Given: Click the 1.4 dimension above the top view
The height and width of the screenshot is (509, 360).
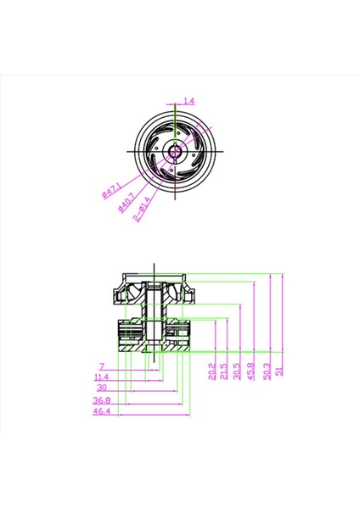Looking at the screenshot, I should tap(188, 101).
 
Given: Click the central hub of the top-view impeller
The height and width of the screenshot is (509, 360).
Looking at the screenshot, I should tap(175, 151).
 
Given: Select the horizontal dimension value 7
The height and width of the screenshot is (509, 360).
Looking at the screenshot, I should tap(101, 366).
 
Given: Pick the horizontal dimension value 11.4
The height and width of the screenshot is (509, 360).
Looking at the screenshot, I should tap(101, 377).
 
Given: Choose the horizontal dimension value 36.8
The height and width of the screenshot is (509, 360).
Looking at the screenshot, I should tap(101, 400).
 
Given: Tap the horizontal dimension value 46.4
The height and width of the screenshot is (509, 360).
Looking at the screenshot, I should tap(101, 411).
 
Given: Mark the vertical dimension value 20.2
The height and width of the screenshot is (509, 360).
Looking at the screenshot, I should tap(211, 372).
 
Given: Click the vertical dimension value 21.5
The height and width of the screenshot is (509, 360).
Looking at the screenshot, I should tap(223, 372).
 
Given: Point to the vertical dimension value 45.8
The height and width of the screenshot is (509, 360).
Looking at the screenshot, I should tap(250, 372).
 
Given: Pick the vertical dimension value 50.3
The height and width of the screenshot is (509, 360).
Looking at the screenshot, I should tap(268, 372).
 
